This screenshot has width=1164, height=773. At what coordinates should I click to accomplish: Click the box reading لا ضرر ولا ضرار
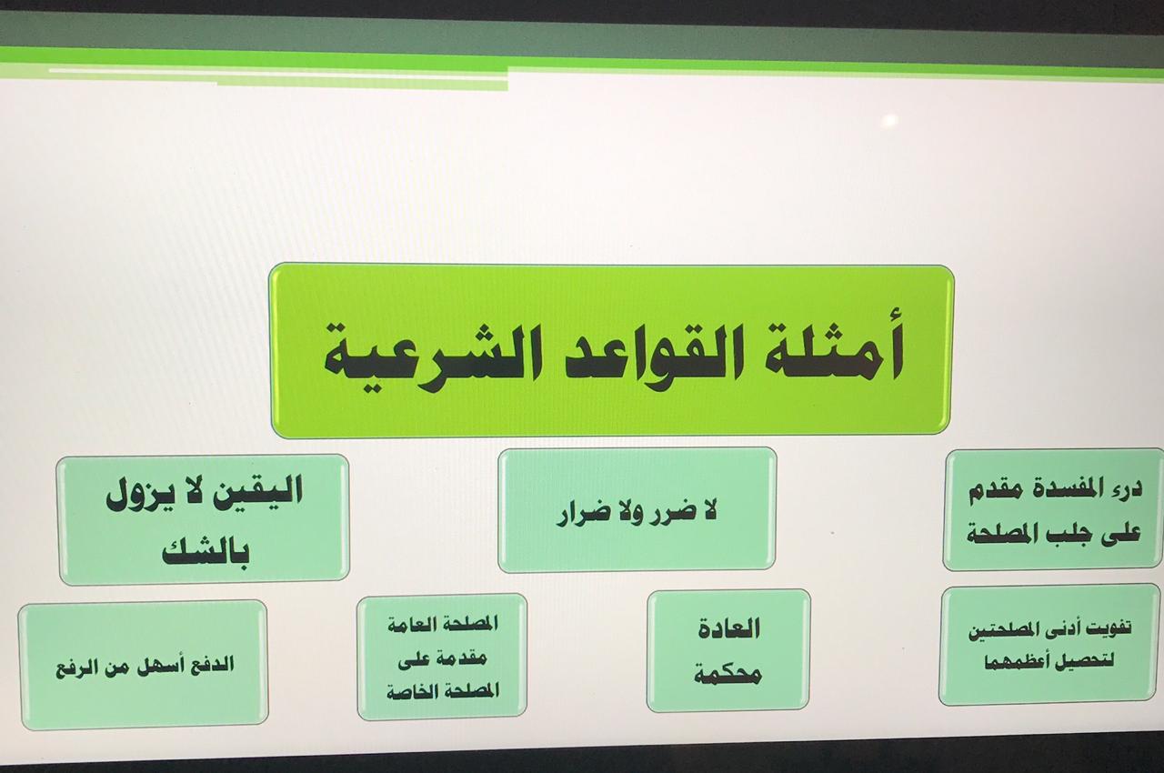click(637, 510)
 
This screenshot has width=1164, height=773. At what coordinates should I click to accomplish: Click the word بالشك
click(206, 552)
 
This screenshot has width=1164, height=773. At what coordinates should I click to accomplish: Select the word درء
click(1127, 490)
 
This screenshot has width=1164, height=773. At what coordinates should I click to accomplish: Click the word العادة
click(728, 629)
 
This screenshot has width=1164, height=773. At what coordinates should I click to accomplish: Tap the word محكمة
click(727, 674)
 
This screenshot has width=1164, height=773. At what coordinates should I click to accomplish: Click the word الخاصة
click(412, 691)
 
